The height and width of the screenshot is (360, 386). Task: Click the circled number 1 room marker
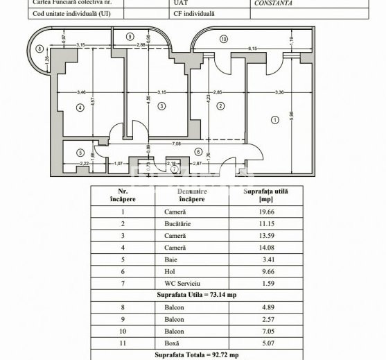point(274,119)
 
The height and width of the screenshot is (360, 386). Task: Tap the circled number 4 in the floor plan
point(80,107)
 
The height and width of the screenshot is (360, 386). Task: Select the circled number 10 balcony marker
point(223,39)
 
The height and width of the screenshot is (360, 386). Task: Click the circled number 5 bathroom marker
point(80,153)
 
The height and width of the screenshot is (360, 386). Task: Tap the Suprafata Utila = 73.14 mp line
point(196,294)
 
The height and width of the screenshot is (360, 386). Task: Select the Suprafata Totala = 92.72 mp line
point(196,354)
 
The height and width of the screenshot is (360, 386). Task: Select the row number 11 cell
point(123,341)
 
